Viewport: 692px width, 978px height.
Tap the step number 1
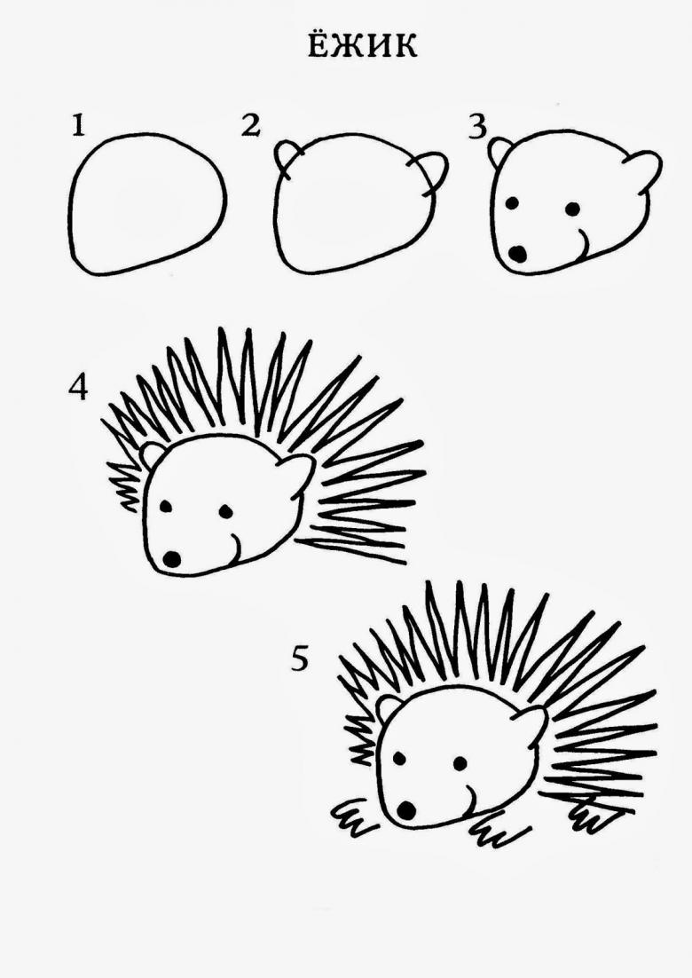pyautogui.click(x=78, y=125)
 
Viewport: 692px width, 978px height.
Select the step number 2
pyautogui.click(x=250, y=125)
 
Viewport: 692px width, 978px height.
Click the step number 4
pyautogui.click(x=79, y=387)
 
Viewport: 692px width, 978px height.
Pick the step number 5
pyautogui.click(x=300, y=659)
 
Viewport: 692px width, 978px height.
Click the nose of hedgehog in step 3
pyautogui.click(x=517, y=253)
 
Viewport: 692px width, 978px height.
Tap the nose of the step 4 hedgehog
pyautogui.click(x=171, y=558)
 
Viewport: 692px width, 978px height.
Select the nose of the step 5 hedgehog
pyautogui.click(x=406, y=810)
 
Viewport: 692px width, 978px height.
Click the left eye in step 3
pyautogui.click(x=513, y=203)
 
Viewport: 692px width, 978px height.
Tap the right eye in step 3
pyautogui.click(x=572, y=209)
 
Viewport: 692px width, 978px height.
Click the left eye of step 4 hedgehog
pyautogui.click(x=166, y=506)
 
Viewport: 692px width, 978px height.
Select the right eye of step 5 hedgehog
pyautogui.click(x=460, y=763)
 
